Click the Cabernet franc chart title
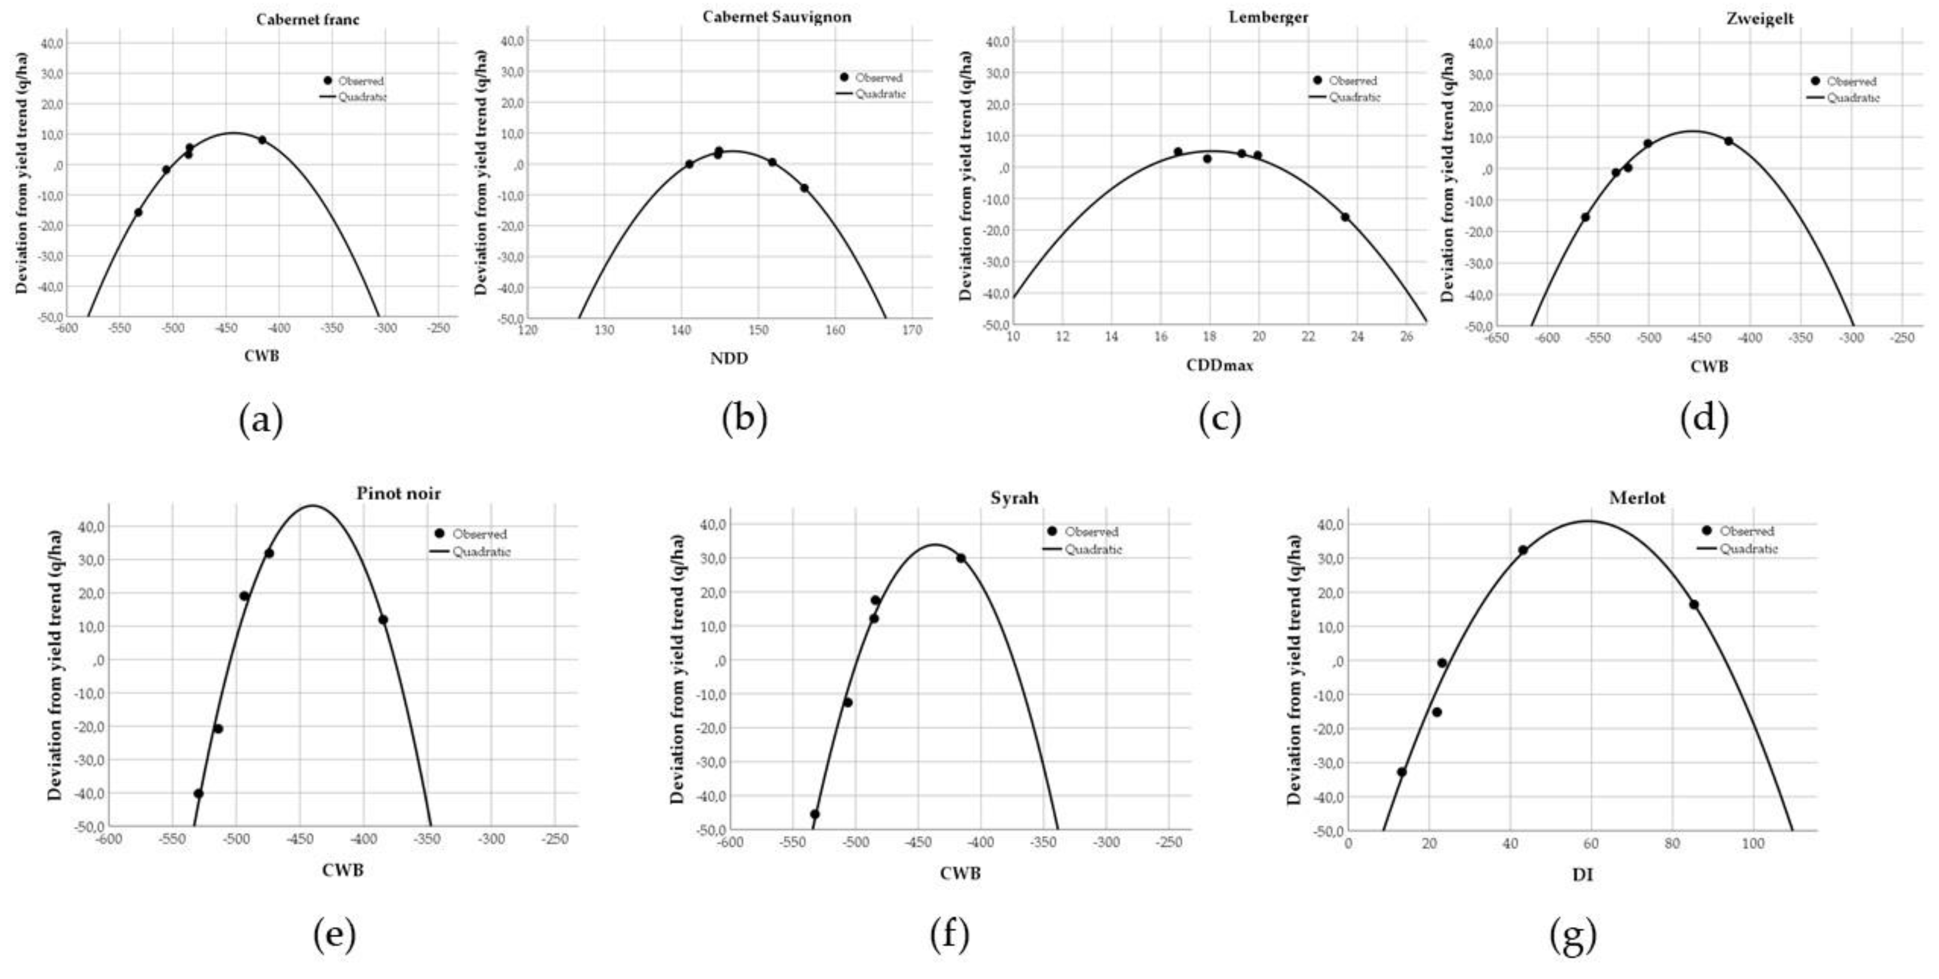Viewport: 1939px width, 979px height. pyautogui.click(x=307, y=20)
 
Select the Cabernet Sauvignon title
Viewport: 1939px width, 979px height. pyautogui.click(x=777, y=17)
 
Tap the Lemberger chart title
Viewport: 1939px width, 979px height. pyautogui.click(x=1258, y=17)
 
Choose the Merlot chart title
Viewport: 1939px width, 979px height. pyautogui.click(x=1637, y=497)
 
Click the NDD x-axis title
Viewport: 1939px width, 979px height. pyautogui.click(x=729, y=358)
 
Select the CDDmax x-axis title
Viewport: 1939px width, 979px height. pyautogui.click(x=1219, y=365)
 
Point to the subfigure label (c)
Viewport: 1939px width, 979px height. pyautogui.click(x=1219, y=420)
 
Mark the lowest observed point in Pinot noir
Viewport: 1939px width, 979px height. pyautogui.click(x=199, y=793)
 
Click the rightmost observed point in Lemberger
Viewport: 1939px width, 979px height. pyautogui.click(x=1344, y=216)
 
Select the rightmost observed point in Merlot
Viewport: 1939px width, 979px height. pyautogui.click(x=1694, y=604)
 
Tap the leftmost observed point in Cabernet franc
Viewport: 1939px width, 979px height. pyautogui.click(x=138, y=212)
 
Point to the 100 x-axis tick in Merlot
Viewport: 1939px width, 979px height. pyautogui.click(x=1752, y=844)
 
